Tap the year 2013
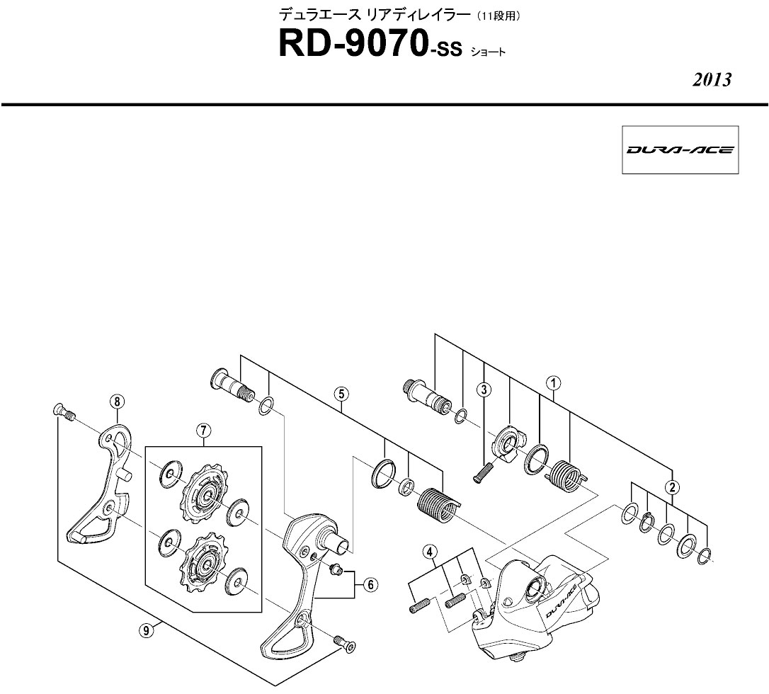(712, 79)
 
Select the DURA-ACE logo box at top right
(680, 149)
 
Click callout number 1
(553, 383)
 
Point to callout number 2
(672, 487)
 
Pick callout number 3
(484, 389)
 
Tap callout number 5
(341, 393)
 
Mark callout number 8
(118, 402)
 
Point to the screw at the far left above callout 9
(64, 411)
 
